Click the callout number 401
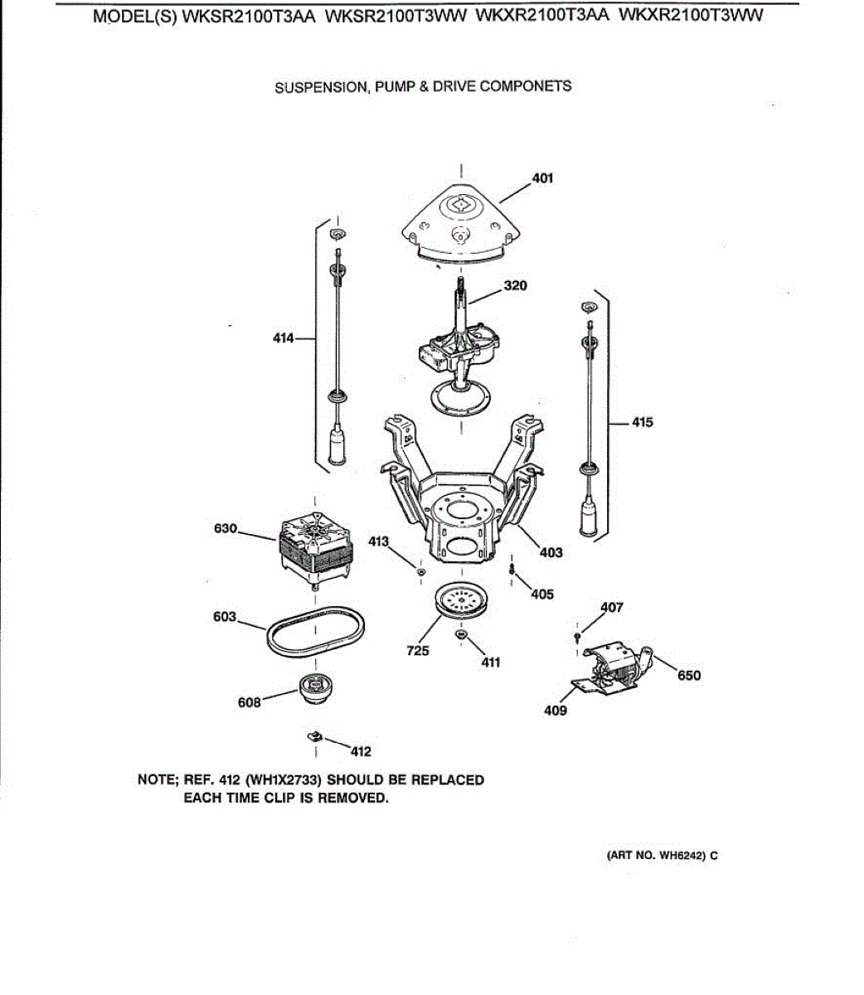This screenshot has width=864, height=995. (x=543, y=178)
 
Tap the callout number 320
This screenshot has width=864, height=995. (x=515, y=286)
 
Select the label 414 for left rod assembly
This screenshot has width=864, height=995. (x=284, y=337)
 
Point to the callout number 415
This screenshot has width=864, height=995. (x=642, y=422)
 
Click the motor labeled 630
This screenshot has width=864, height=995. (x=314, y=547)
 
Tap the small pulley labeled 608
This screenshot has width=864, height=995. (x=315, y=687)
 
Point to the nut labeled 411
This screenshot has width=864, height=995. (x=461, y=635)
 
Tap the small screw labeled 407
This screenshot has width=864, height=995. (x=577, y=635)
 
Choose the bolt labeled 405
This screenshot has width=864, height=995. (x=512, y=570)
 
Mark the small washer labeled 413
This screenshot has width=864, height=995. (x=421, y=571)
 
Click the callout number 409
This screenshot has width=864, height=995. (x=556, y=711)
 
